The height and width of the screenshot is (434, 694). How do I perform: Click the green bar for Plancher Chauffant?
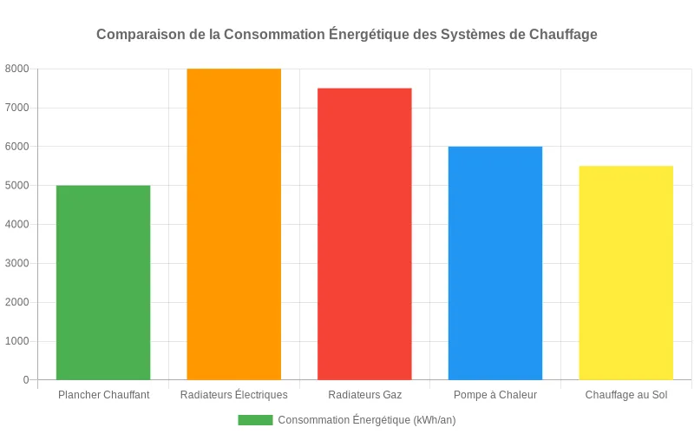(x=103, y=282)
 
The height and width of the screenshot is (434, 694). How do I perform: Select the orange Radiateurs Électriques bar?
(x=234, y=224)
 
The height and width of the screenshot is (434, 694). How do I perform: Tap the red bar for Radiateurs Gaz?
(x=364, y=233)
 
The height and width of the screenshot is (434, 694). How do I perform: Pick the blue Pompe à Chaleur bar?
(x=495, y=263)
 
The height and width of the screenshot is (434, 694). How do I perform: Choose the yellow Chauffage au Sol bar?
(x=625, y=273)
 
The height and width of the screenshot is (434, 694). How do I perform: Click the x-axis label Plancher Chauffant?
(x=103, y=395)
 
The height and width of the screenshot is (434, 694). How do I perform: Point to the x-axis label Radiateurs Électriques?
(x=234, y=395)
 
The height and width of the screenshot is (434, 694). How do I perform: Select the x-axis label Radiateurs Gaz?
(x=364, y=395)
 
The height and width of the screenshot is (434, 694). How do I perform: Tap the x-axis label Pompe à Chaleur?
(x=495, y=395)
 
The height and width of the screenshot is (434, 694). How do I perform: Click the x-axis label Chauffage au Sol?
(x=625, y=395)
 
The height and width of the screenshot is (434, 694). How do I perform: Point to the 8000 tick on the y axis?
(x=16, y=69)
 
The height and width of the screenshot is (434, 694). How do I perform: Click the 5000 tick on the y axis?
(x=16, y=186)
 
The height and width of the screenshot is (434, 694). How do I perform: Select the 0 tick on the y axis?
(x=25, y=380)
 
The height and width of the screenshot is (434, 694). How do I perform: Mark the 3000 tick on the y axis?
(x=16, y=263)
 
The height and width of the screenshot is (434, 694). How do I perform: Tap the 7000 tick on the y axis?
(x=16, y=108)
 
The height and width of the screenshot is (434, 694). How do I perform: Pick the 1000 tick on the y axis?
(x=16, y=341)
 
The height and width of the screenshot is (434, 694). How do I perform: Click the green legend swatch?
(x=255, y=420)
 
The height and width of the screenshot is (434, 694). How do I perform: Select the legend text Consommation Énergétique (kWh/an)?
(x=367, y=420)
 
